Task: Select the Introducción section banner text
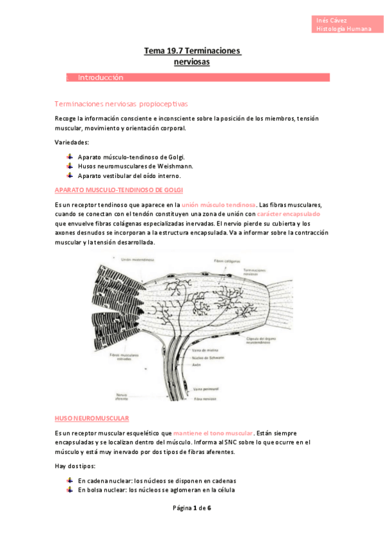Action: coord(100,77)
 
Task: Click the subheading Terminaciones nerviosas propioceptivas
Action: coord(121,103)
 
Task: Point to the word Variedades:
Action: coord(72,142)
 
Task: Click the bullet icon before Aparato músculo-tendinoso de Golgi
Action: coord(69,157)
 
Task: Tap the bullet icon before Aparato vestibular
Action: coord(69,175)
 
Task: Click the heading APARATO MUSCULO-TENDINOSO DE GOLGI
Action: coord(119,190)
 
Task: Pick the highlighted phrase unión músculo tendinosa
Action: coord(219,204)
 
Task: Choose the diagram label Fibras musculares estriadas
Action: coord(122,356)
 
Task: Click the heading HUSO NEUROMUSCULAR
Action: coord(92,418)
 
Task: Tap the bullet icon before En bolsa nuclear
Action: coord(69,490)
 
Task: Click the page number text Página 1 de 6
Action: coord(192,508)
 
